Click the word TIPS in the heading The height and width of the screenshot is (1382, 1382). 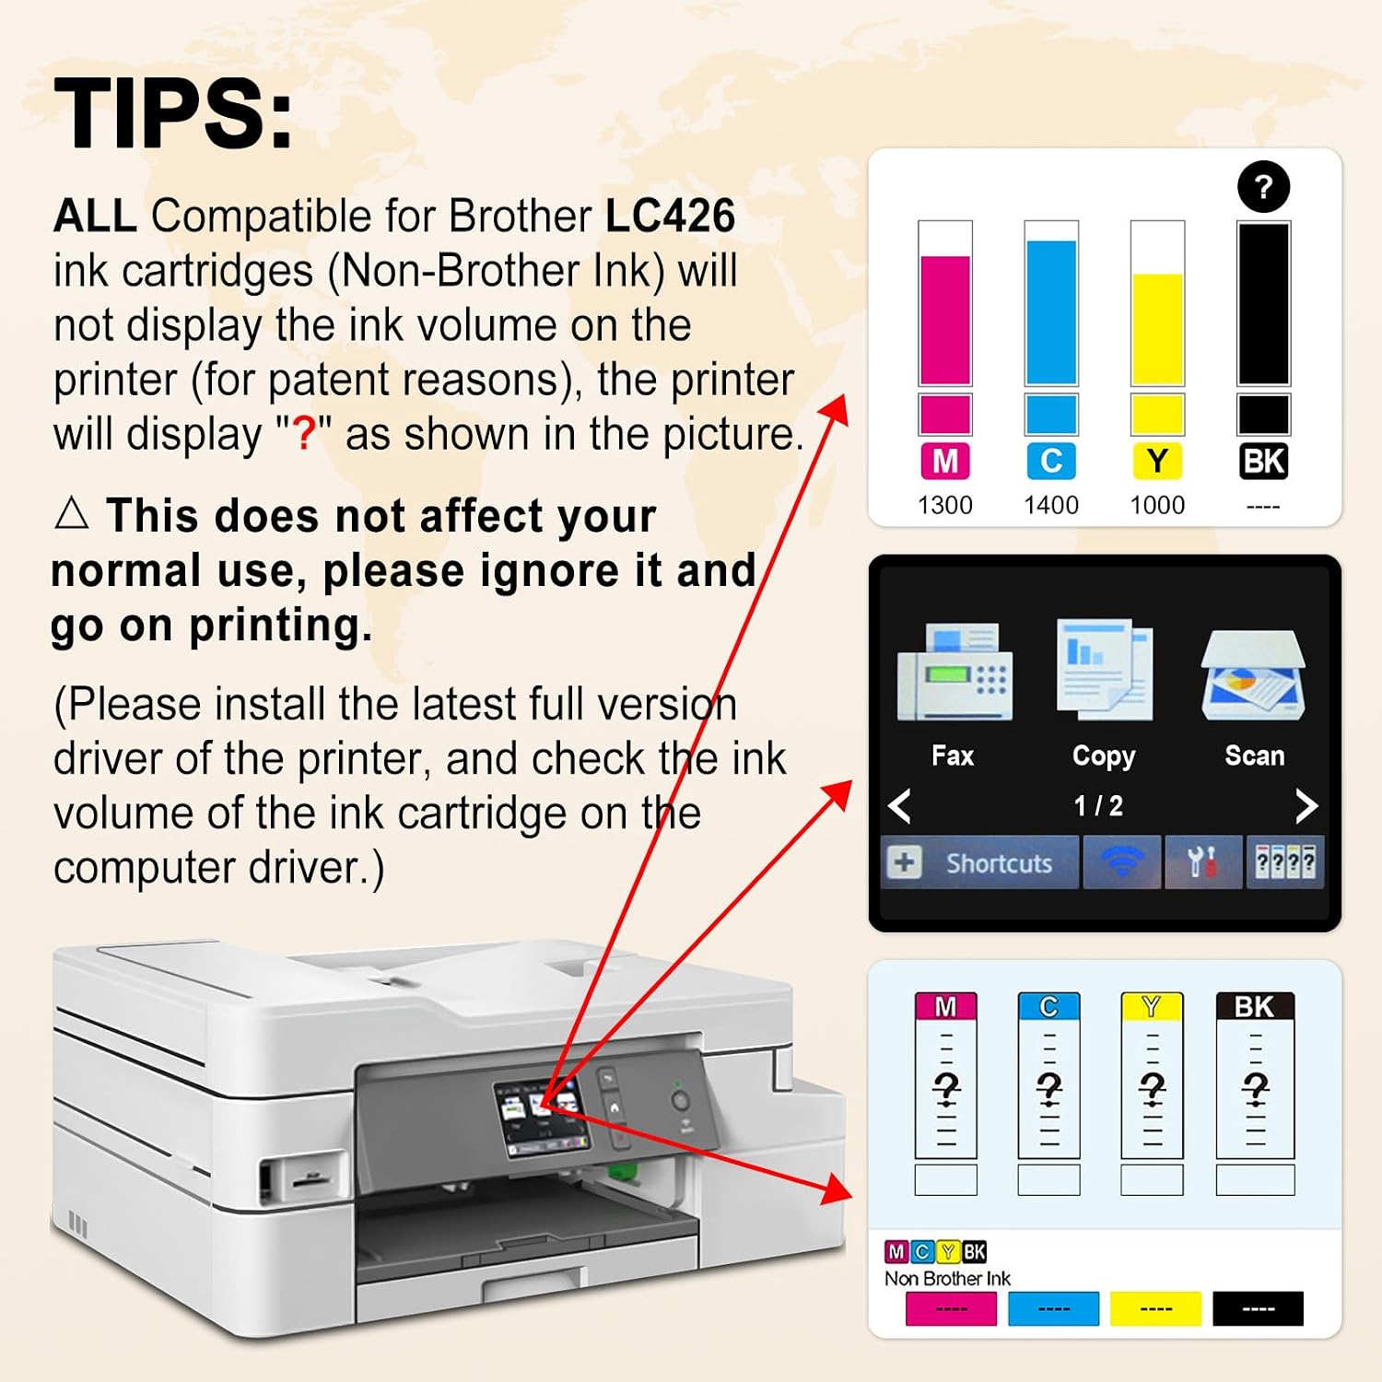(162, 113)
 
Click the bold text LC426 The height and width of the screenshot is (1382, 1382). (670, 216)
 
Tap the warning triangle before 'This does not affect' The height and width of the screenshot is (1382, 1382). (72, 512)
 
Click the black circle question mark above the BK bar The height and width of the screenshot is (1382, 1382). (1263, 187)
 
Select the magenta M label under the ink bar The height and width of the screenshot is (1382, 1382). (945, 461)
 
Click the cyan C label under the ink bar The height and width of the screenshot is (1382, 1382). (1051, 461)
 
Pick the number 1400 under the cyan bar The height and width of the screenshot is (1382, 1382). (1051, 505)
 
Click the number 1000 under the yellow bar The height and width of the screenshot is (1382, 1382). (1157, 505)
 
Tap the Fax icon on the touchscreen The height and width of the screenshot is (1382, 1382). (955, 671)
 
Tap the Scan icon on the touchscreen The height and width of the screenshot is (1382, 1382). (1254, 675)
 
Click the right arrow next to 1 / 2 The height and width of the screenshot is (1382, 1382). (1306, 806)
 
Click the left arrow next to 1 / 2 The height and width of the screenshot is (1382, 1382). (900, 806)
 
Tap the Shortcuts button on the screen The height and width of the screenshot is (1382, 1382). (979, 862)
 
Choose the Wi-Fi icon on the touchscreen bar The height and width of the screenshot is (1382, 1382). (1121, 862)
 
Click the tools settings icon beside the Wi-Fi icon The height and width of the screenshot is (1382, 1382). (1202, 862)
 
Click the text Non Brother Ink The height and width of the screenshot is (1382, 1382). (947, 1278)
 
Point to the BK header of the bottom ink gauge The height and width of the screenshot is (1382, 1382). (1255, 1006)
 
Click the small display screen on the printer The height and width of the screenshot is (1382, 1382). (540, 1116)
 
